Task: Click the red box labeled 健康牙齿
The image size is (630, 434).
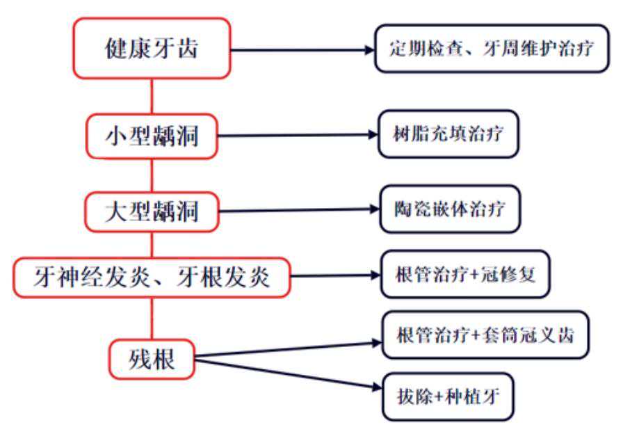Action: (152, 48)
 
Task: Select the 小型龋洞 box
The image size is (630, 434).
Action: (152, 136)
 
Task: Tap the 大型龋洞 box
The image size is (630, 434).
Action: (152, 211)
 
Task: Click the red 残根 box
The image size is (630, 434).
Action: (152, 360)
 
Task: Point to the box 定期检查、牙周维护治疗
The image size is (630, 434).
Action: (492, 49)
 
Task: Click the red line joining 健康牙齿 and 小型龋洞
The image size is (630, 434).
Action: (152, 96)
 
